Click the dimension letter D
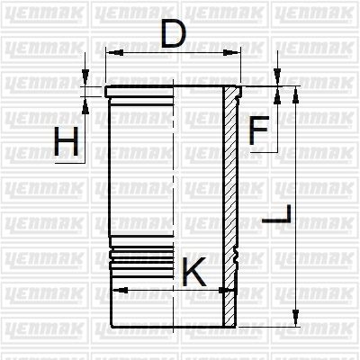(173, 34)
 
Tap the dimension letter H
(66, 141)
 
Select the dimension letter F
(258, 130)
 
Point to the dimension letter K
(193, 272)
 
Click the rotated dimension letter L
(276, 213)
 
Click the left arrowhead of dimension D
(115, 53)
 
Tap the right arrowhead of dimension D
(231, 53)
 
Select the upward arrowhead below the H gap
(85, 105)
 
